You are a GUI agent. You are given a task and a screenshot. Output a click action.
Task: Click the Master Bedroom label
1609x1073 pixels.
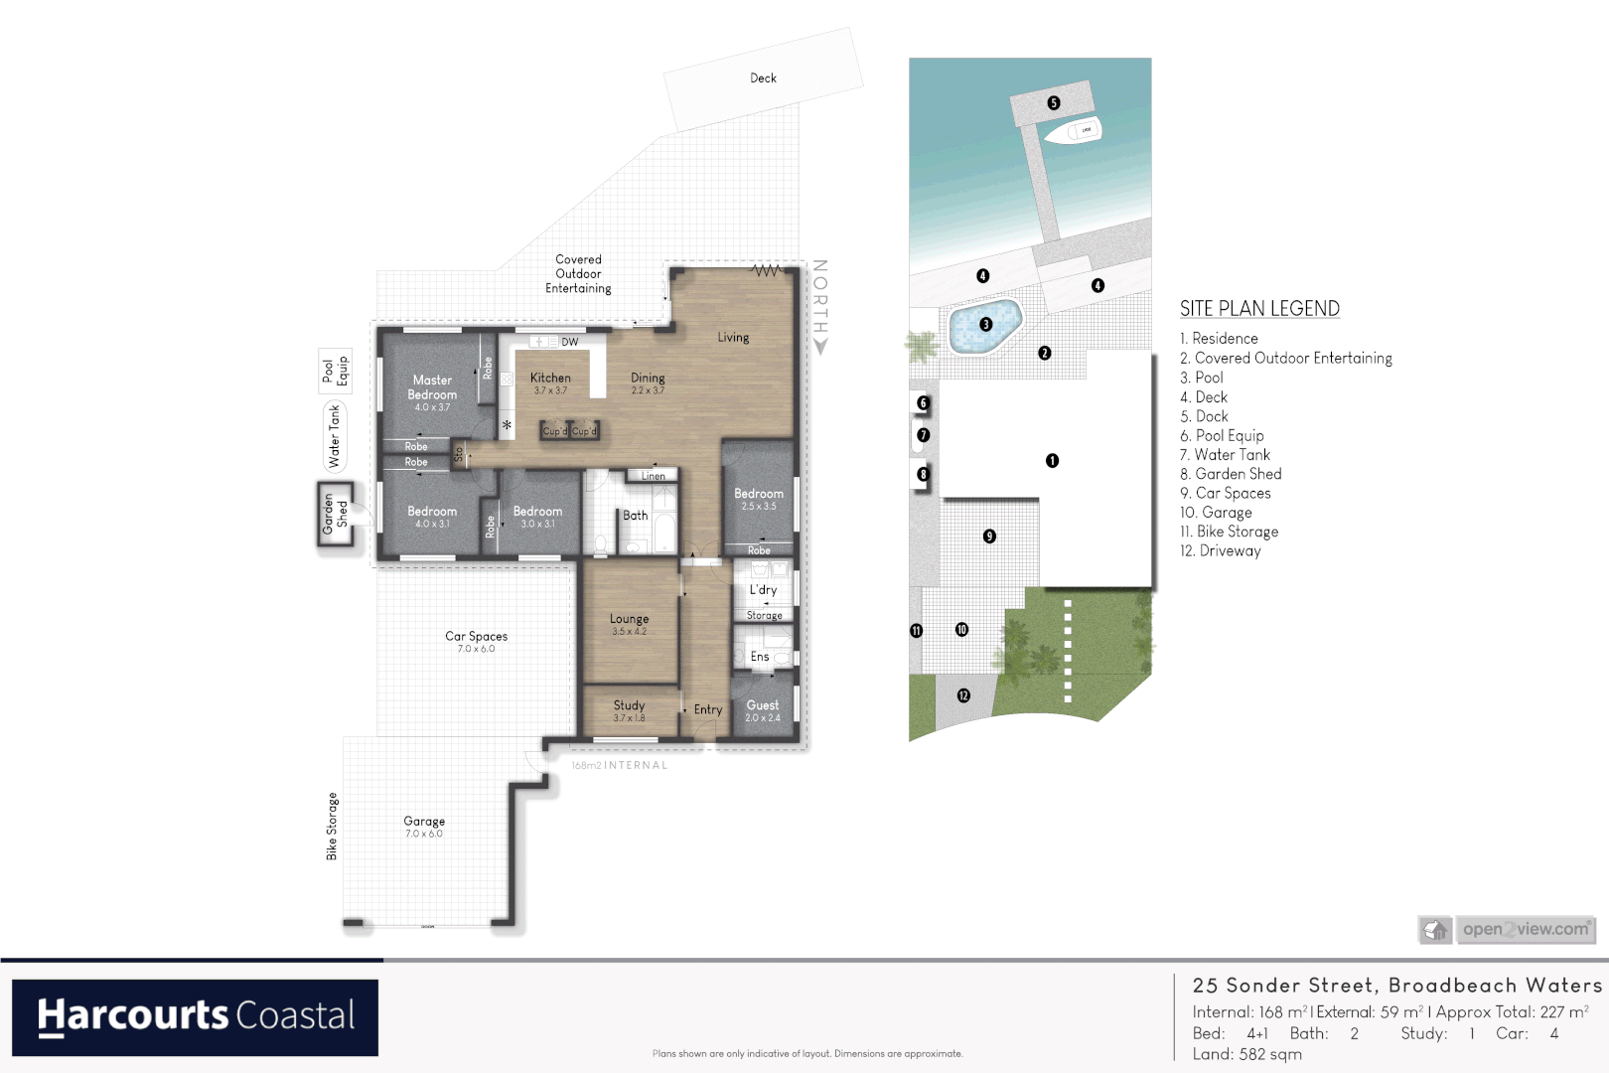coord(432,387)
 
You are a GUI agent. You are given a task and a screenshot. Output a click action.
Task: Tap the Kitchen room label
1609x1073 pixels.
coord(550,379)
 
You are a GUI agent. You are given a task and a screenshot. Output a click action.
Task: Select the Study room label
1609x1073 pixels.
coord(629,705)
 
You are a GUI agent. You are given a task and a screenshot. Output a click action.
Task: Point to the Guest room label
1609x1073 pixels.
coord(763,705)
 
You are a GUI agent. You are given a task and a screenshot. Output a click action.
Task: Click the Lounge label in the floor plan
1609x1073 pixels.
coord(629,619)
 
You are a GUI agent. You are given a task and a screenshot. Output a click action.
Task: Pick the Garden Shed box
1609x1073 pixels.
coord(336,514)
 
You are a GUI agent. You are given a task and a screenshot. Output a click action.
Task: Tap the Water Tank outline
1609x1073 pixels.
coord(334,436)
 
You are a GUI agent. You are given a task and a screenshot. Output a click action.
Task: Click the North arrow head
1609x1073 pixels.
coord(820,348)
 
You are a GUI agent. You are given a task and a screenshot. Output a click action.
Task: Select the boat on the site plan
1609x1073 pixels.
coord(1073,131)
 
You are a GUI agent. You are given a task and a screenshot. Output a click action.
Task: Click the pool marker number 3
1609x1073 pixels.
coord(986,324)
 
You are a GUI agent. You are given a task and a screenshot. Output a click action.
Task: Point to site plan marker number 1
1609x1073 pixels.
coord(1052,460)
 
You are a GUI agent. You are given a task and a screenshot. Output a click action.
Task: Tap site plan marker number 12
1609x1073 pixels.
coord(963,695)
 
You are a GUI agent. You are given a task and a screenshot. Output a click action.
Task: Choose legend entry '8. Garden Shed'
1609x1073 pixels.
coord(1231,474)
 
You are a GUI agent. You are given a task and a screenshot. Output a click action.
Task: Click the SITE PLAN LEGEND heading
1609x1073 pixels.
coord(1259,309)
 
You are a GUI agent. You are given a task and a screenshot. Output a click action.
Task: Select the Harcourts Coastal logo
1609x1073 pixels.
coord(195,1017)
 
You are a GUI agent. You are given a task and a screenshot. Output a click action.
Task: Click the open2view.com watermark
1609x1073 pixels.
coord(1525,929)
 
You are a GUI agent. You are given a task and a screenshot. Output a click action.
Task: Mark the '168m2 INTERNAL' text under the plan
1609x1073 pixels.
coord(620,765)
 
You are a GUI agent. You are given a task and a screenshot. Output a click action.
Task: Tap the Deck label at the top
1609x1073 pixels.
coord(763,77)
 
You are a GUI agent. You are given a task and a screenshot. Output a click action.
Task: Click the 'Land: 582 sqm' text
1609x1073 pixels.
coord(1246,1054)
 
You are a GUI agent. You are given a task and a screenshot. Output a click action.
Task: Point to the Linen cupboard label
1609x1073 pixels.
coord(653,476)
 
